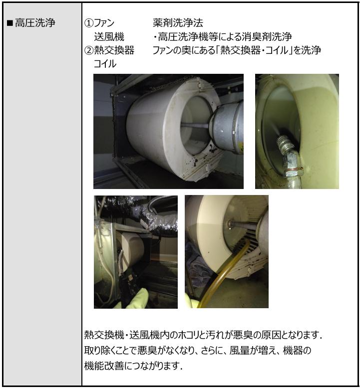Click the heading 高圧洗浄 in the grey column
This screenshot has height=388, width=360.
coord(35,23)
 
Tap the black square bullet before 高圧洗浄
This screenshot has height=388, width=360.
coord(10,23)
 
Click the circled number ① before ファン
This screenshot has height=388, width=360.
coord(89,23)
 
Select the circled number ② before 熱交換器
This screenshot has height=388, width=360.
coord(89,50)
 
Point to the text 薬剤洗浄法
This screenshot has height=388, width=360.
coord(178,23)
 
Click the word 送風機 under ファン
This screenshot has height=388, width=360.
coord(109,37)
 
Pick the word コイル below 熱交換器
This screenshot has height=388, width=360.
coord(105,64)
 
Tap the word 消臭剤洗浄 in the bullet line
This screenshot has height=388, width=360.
coord(267,37)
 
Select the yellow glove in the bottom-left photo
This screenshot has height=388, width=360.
coord(134,299)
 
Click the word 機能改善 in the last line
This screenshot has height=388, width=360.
coord(104,366)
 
